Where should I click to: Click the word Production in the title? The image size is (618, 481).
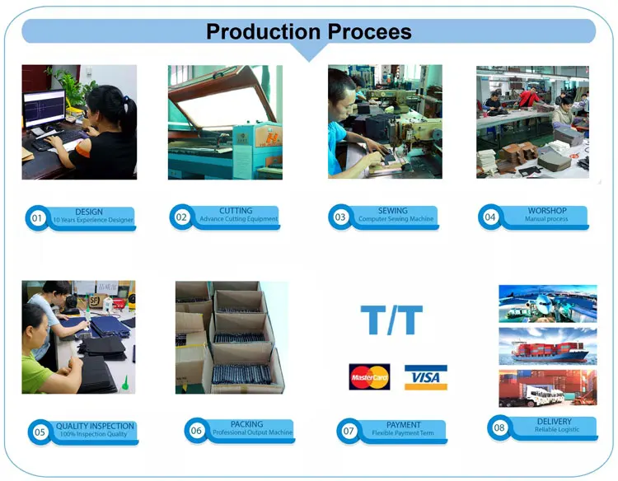point(263,32)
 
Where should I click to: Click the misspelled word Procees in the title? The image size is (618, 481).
point(369,32)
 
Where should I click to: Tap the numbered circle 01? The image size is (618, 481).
point(36,217)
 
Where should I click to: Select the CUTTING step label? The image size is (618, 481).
point(236,211)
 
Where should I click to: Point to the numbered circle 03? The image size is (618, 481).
point(339,217)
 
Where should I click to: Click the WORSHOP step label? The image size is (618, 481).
point(547,211)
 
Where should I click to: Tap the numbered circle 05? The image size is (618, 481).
point(40,432)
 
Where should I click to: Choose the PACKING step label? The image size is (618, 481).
point(246,424)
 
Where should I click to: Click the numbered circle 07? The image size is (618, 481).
point(349,431)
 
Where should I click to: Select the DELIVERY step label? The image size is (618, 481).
point(555,422)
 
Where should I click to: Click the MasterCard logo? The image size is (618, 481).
point(369,377)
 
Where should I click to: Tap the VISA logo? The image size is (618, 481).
point(426,377)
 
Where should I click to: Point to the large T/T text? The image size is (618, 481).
point(391,320)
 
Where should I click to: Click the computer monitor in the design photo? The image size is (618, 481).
point(44,109)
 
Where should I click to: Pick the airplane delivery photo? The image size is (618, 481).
point(548,304)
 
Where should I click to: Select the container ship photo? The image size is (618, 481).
point(548,346)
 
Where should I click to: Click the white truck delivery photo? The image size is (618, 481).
point(548,388)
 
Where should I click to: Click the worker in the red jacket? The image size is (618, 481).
point(528,97)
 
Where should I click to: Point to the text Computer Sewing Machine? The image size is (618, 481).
point(396,218)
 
